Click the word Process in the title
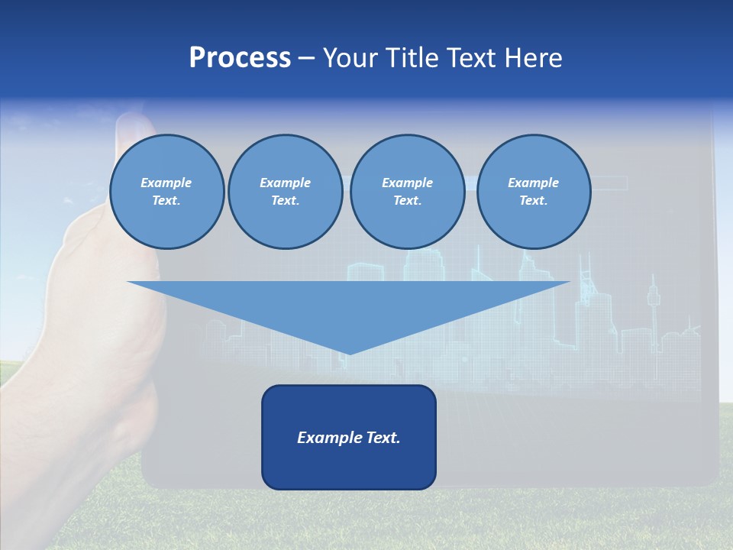coord(240,58)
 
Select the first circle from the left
coord(166,192)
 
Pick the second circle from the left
coord(285,192)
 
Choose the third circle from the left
coord(407,192)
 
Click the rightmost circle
coord(534,192)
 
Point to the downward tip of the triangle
coord(349,353)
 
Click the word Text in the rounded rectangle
coord(384,438)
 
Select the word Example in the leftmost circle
coord(166,183)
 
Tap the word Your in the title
coord(352,58)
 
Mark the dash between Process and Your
coord(306,59)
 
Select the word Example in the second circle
coord(285,183)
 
